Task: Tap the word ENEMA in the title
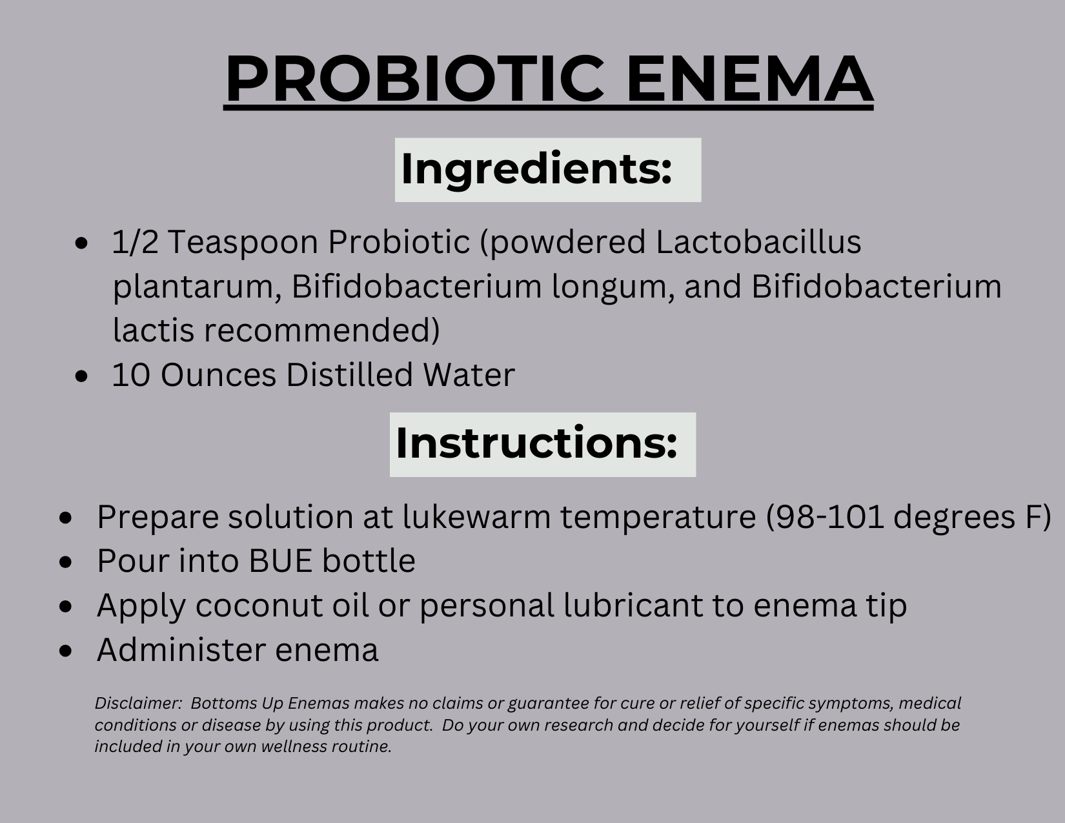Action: [x=750, y=79]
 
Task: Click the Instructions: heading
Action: [x=536, y=443]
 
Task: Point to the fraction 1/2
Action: [x=136, y=241]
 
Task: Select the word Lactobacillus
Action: [x=758, y=241]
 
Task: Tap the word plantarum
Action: [x=197, y=287]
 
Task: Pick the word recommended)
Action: [x=321, y=330]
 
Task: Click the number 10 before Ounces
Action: [x=131, y=375]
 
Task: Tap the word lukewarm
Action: [x=476, y=516]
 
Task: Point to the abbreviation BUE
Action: [x=280, y=561]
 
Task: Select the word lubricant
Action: [x=633, y=605]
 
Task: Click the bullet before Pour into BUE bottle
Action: [x=65, y=562]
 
